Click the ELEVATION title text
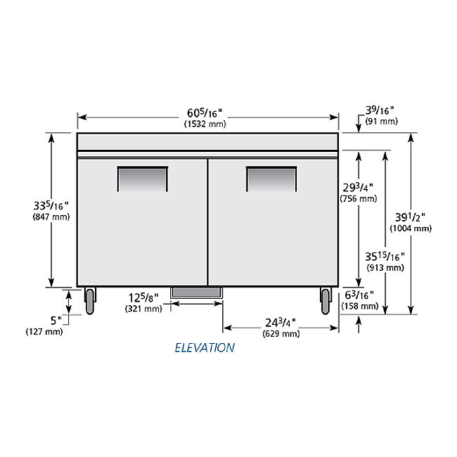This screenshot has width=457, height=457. point(205,347)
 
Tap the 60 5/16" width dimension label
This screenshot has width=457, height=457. point(205,112)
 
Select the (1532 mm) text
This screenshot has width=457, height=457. point(205,124)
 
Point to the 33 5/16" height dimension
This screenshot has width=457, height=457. point(51,205)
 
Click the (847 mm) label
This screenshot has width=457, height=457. point(51,217)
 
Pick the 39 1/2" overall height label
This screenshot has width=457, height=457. point(410,217)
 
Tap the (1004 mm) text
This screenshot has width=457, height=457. point(411,228)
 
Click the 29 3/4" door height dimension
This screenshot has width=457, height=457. point(358,188)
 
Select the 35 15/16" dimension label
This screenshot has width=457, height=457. point(385,257)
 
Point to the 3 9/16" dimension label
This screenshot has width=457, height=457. point(380,110)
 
